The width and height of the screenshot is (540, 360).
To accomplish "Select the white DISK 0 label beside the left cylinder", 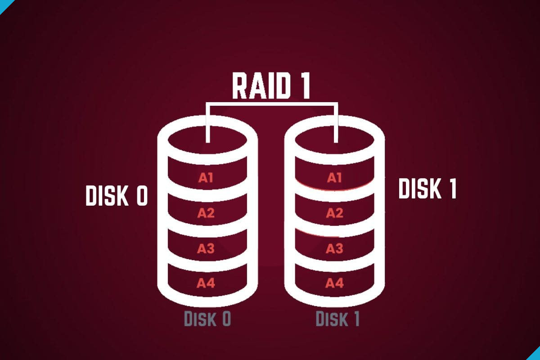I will (x=117, y=196).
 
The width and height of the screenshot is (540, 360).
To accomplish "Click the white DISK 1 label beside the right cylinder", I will (x=427, y=189).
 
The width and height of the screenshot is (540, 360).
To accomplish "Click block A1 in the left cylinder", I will (x=206, y=177).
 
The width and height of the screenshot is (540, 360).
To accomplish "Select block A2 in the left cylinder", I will (x=206, y=213).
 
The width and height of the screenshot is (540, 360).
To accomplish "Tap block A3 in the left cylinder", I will (x=206, y=248).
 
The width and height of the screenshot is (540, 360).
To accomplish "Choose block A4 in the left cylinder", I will (x=206, y=283).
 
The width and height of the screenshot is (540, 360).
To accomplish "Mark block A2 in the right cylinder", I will (x=334, y=213).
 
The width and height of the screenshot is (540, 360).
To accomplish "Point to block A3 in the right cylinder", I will (x=334, y=248).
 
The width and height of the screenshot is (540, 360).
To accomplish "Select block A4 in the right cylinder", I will (x=334, y=283).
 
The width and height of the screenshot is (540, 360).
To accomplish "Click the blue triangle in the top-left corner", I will (x=4, y=4).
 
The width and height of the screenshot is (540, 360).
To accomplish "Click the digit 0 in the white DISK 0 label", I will (x=141, y=196).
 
